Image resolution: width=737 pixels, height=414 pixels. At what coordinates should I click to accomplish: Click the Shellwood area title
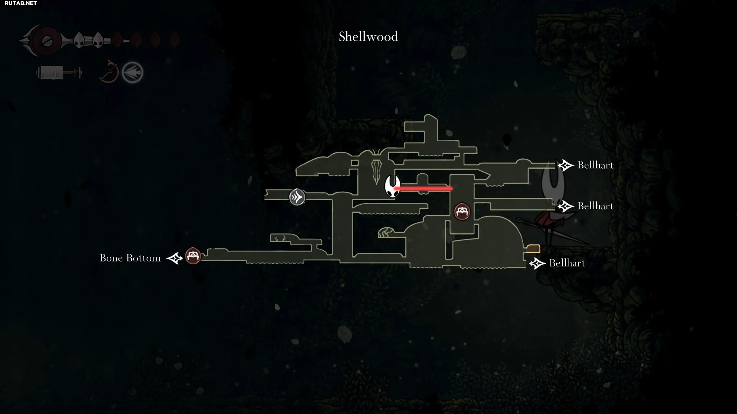pos(368,37)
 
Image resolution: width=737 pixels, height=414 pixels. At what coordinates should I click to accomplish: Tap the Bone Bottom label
pos(130,258)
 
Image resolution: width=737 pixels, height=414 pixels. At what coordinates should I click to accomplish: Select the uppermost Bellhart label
pos(595,165)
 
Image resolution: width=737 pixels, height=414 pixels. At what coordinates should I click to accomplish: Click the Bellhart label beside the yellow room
pos(567,263)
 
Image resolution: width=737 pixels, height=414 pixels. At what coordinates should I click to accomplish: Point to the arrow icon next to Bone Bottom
pos(175,258)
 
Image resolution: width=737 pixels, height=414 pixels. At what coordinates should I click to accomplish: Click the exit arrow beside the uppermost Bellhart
pos(565,165)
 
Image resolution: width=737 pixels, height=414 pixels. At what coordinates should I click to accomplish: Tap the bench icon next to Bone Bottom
pos(193,256)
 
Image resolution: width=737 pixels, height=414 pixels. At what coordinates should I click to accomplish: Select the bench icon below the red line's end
pos(462,211)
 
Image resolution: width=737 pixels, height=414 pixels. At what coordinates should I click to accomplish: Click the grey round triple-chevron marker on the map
pos(297,197)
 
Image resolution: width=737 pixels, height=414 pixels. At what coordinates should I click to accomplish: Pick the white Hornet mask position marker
pos(393,187)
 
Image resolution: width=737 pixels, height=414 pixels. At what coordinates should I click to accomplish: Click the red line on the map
pos(423,189)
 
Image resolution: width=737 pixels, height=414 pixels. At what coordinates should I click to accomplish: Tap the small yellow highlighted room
pos(533,248)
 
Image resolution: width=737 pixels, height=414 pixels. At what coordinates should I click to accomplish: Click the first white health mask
pos(79,40)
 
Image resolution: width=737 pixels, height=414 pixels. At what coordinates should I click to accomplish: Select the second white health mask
pos(97,40)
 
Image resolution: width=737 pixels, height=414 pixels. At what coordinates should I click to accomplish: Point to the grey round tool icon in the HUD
pos(132,72)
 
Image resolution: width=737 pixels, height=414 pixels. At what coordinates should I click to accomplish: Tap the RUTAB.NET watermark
pos(21,3)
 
